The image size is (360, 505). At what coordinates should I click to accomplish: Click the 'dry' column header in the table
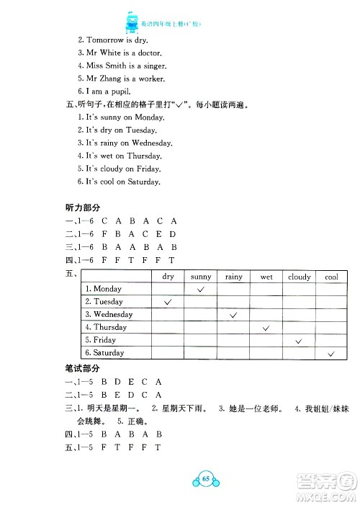[168, 277]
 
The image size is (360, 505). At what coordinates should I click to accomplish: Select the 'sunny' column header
[201, 277]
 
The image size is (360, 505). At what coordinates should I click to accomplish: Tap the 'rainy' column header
[234, 277]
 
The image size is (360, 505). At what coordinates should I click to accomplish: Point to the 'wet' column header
[266, 277]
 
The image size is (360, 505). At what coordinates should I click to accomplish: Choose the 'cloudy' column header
[300, 277]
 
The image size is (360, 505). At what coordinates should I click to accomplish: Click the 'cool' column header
[332, 277]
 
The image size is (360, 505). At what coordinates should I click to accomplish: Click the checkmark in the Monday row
[201, 289]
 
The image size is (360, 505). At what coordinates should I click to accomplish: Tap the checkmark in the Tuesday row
[168, 302]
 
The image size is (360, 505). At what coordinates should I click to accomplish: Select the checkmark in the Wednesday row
[234, 315]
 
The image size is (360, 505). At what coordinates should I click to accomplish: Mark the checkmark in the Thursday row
[266, 328]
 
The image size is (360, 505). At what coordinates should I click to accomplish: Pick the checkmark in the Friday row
[300, 340]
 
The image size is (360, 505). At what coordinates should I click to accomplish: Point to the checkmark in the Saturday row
[332, 353]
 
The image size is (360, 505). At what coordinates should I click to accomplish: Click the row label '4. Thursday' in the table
[107, 328]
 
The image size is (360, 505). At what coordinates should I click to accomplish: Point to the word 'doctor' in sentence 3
[148, 54]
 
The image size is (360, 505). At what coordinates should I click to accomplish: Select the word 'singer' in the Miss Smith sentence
[151, 66]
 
